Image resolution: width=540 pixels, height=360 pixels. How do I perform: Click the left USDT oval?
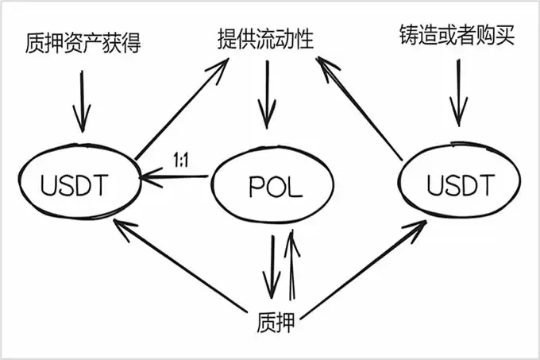[x=75, y=184]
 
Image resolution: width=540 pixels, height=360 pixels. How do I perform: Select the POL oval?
[x=269, y=188]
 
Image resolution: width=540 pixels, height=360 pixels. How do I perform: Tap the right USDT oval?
[x=461, y=184]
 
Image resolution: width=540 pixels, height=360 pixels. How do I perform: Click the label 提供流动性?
[x=266, y=38]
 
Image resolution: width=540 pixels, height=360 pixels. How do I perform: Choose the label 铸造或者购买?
[x=457, y=36]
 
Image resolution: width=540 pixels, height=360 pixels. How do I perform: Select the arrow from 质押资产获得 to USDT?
[x=80, y=99]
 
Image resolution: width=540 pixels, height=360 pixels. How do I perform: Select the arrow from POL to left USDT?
[x=176, y=180]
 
